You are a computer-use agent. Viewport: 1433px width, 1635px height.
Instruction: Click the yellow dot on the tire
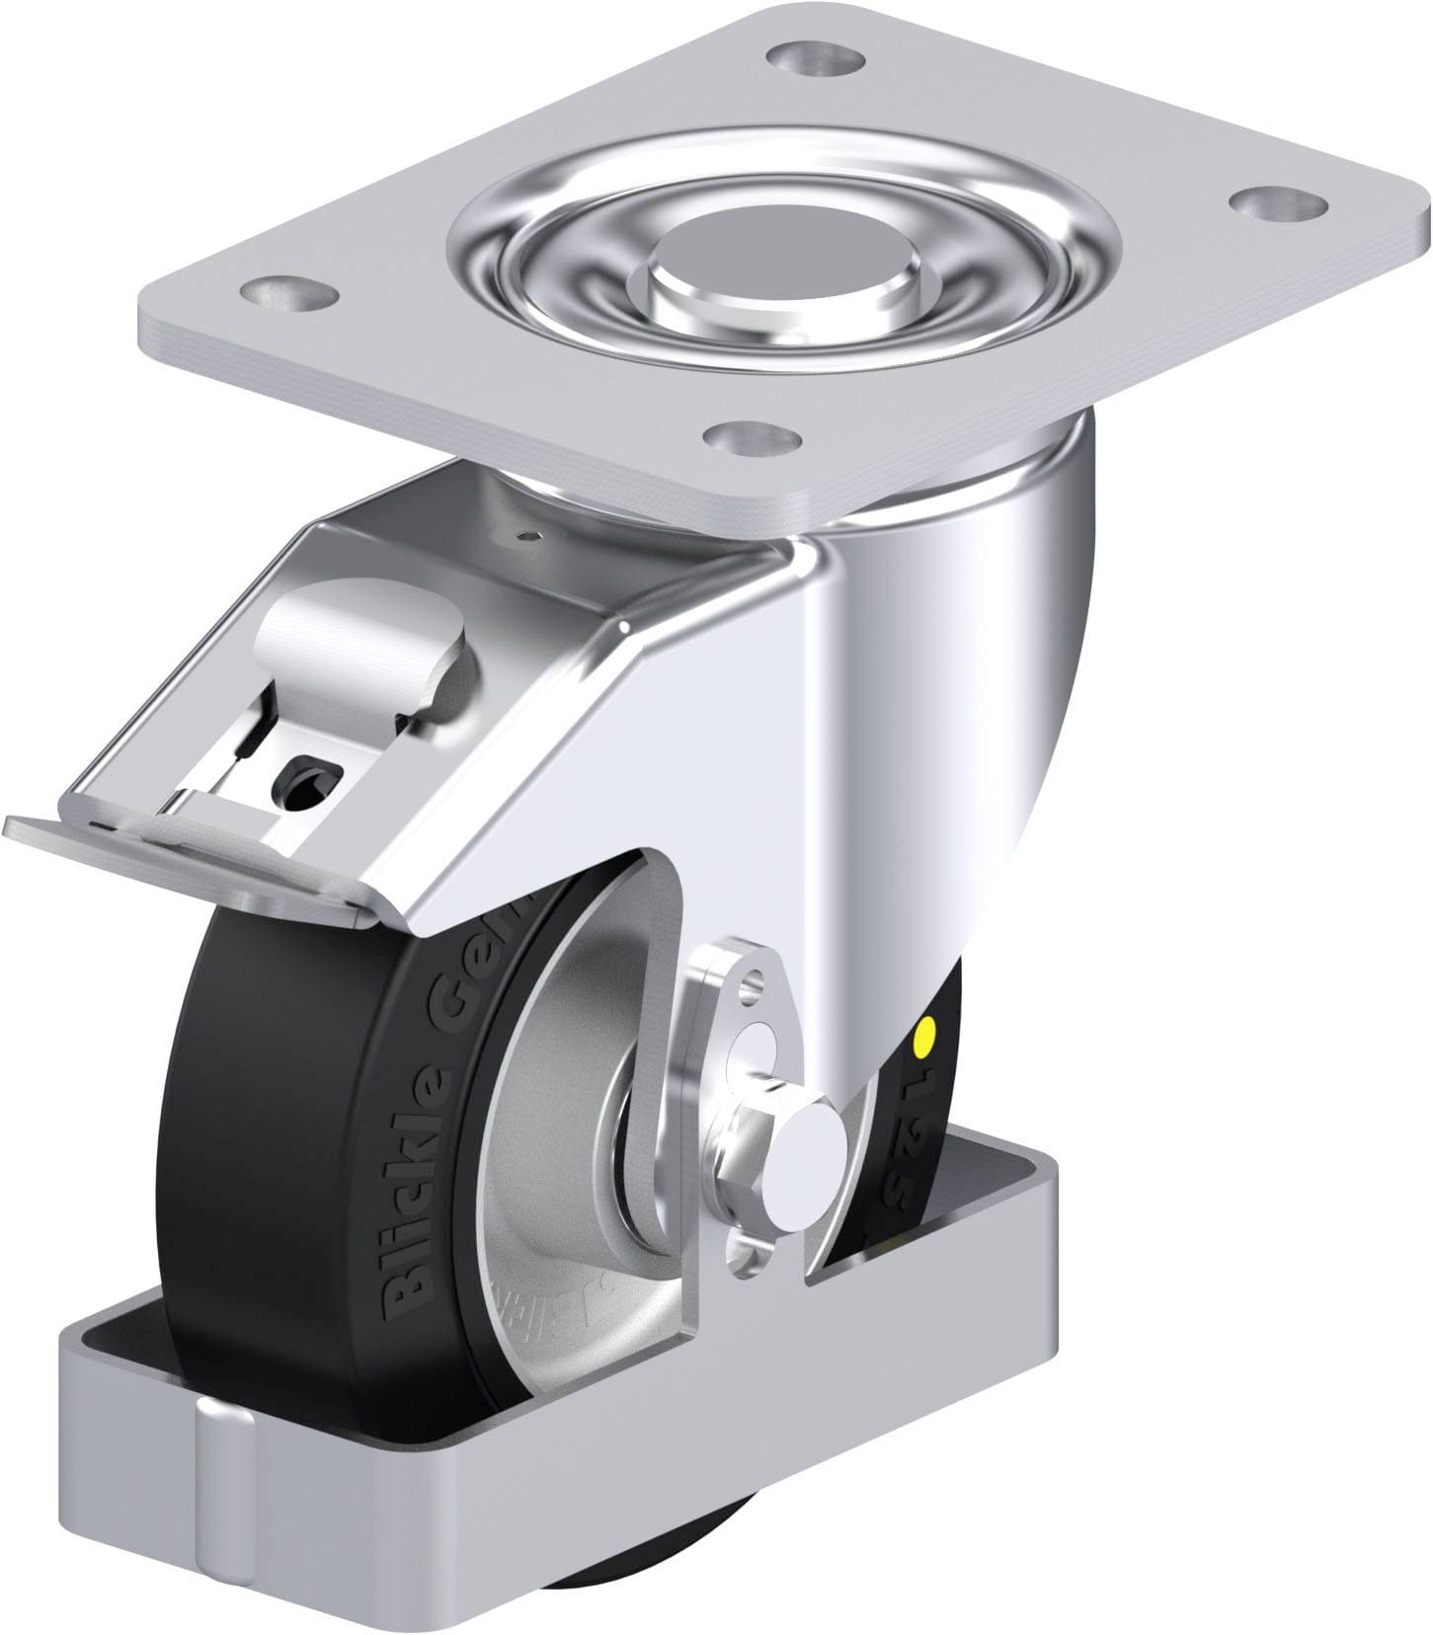pyautogui.click(x=925, y=1038)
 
